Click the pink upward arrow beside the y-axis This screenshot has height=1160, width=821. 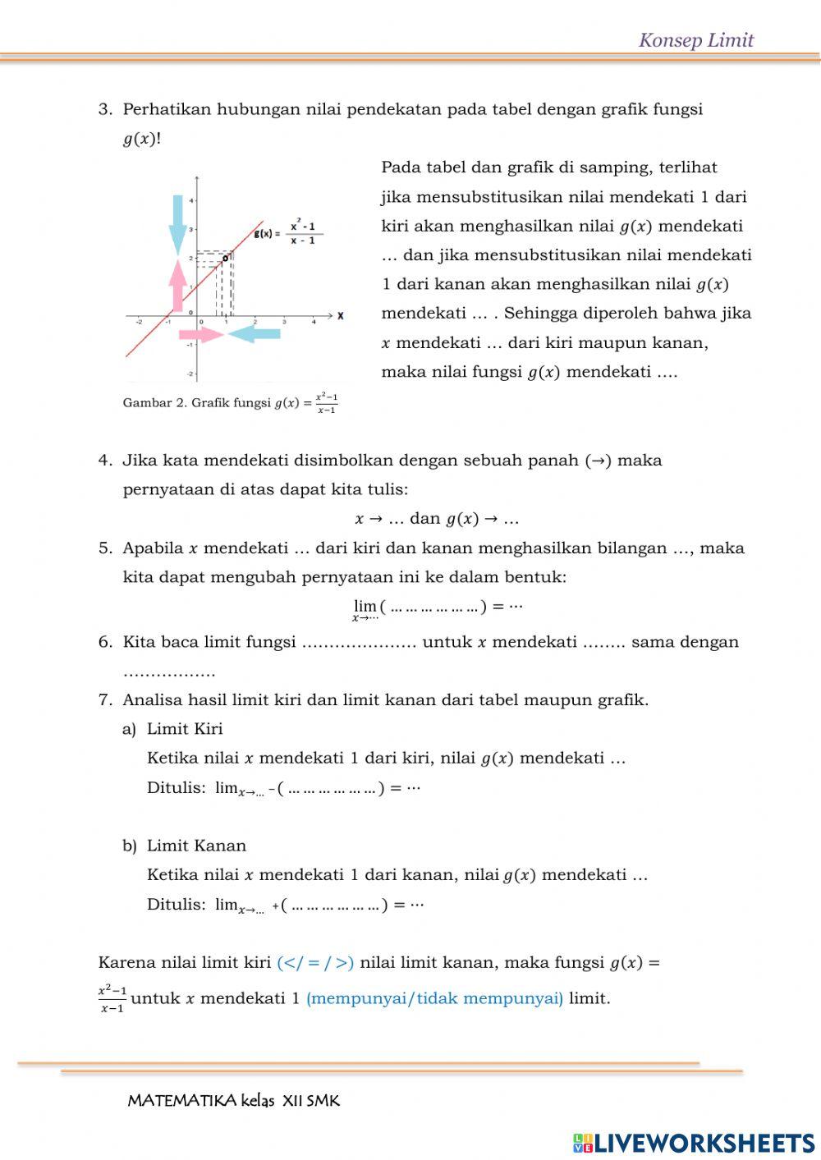pos(177,284)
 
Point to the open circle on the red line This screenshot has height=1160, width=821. pos(226,258)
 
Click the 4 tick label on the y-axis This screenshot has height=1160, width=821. pos(191,200)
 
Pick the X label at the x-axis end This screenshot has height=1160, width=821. pos(340,315)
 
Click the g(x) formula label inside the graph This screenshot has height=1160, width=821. pos(288,233)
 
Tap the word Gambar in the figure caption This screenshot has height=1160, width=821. pos(147,403)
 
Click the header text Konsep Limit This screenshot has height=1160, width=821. pos(695,40)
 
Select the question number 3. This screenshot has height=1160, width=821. pos(104,110)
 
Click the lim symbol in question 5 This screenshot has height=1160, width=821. pos(365,607)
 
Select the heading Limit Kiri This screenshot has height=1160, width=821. pos(185,729)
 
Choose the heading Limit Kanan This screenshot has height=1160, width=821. pos(196,846)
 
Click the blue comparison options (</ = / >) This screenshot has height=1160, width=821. pos(315,962)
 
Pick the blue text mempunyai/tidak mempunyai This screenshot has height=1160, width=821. pos(434,998)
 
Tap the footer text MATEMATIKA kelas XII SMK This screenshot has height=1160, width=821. pos(233,1101)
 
